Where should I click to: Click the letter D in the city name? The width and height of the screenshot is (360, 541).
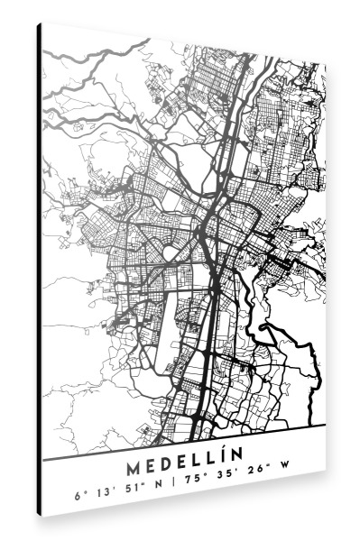(x=168, y=445)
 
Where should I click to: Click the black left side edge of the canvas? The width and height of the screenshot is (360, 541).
(x=40, y=270)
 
